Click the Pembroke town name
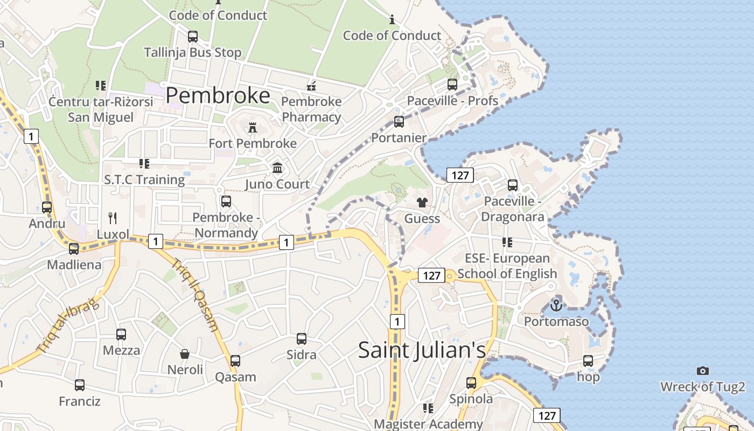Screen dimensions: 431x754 pos(218,95)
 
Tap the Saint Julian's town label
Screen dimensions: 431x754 pos(422,350)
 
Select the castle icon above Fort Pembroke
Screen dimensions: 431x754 pos(252,128)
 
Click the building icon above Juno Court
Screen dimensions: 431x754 pos(277,168)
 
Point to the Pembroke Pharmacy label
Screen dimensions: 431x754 pos(311,109)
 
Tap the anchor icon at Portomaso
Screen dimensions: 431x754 pos(556,305)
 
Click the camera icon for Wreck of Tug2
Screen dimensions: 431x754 pos(702,371)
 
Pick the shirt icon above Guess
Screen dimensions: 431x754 pos(422,203)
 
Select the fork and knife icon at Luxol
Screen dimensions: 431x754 pos(113,218)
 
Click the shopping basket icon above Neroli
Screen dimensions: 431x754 pos(185,354)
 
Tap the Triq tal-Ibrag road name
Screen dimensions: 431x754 pos(68,326)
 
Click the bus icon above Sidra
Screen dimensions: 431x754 pos(302,339)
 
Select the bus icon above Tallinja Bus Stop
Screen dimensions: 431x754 pos(192,37)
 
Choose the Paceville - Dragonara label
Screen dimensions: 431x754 pos(512,209)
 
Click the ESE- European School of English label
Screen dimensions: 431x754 pos(507,266)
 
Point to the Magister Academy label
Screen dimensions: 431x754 pos(428,424)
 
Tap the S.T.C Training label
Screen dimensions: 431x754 pos(144,179)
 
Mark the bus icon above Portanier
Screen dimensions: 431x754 pos(399,122)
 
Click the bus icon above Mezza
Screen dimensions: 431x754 pos(121,335)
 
